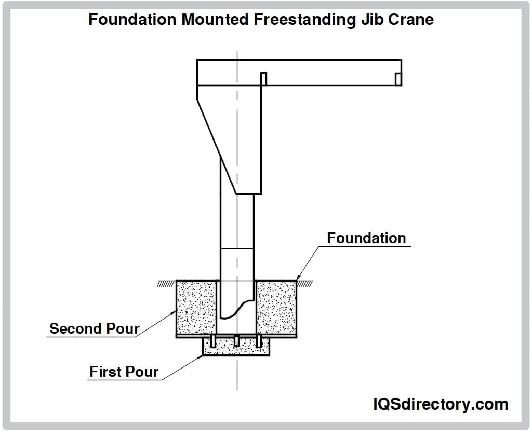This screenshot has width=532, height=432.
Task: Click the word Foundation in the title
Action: tap(132, 20)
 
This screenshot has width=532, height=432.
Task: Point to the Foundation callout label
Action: tap(366, 238)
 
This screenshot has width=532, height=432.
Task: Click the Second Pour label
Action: tap(95, 328)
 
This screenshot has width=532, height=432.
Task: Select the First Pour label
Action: tap(124, 372)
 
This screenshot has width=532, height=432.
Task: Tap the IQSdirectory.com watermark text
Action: tap(441, 404)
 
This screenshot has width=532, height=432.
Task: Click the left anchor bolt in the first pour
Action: tap(214, 341)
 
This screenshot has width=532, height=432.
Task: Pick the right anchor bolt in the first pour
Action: tap(259, 341)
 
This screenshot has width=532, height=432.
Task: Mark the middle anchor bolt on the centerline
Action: tap(236, 341)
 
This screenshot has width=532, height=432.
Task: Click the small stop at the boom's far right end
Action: tap(398, 79)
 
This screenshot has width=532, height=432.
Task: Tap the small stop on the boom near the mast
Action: tap(263, 79)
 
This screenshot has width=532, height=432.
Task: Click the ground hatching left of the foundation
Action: tap(167, 284)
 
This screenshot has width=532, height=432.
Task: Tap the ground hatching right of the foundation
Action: tap(304, 284)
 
